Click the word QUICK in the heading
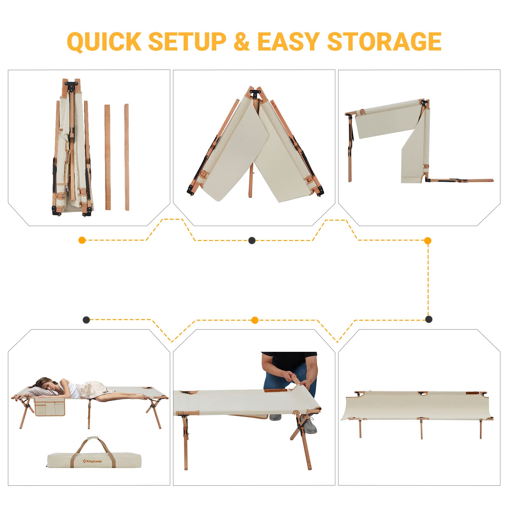(104, 42)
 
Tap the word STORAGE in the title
(384, 42)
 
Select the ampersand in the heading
(242, 42)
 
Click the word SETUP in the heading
(187, 42)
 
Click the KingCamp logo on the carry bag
(92, 461)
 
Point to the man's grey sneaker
(309, 424)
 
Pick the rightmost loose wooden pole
(127, 157)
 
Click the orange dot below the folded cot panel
(82, 240)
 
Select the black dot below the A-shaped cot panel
(252, 240)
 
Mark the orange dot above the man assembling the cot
(255, 320)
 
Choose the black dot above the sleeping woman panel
(86, 320)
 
